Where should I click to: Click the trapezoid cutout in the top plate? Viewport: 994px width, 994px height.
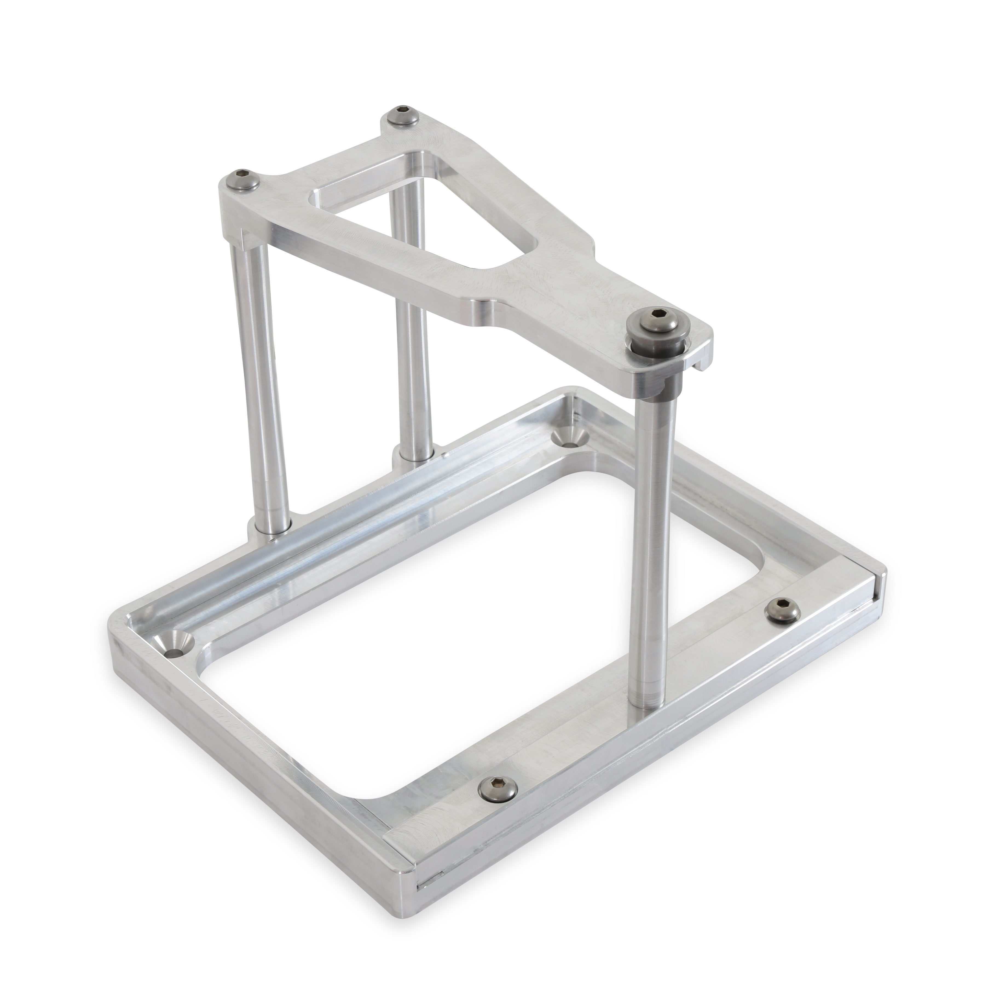click(412, 216)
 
